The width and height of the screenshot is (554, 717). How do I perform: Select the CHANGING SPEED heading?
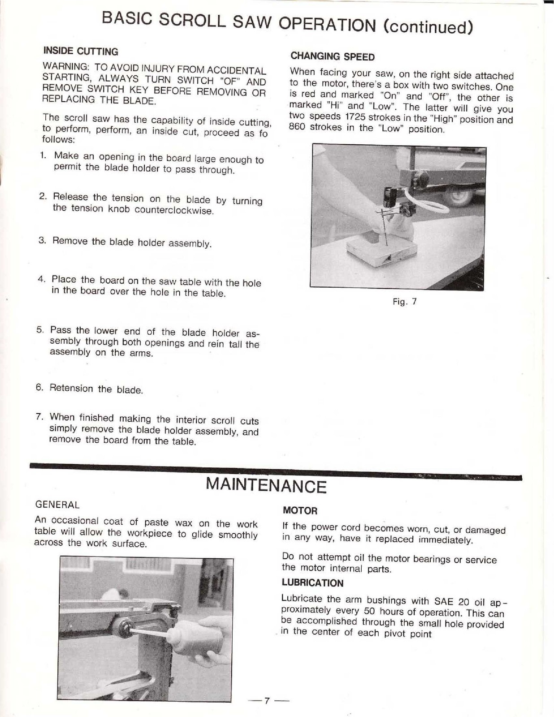[332, 56]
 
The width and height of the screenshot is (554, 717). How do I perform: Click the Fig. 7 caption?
[404, 302]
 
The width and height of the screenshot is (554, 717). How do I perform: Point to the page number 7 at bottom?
[266, 700]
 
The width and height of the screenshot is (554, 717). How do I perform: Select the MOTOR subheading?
[300, 510]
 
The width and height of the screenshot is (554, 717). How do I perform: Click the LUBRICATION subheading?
[312, 583]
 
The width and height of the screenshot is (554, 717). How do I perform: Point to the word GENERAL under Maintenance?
[57, 505]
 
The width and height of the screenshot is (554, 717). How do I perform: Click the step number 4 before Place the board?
[42, 279]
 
